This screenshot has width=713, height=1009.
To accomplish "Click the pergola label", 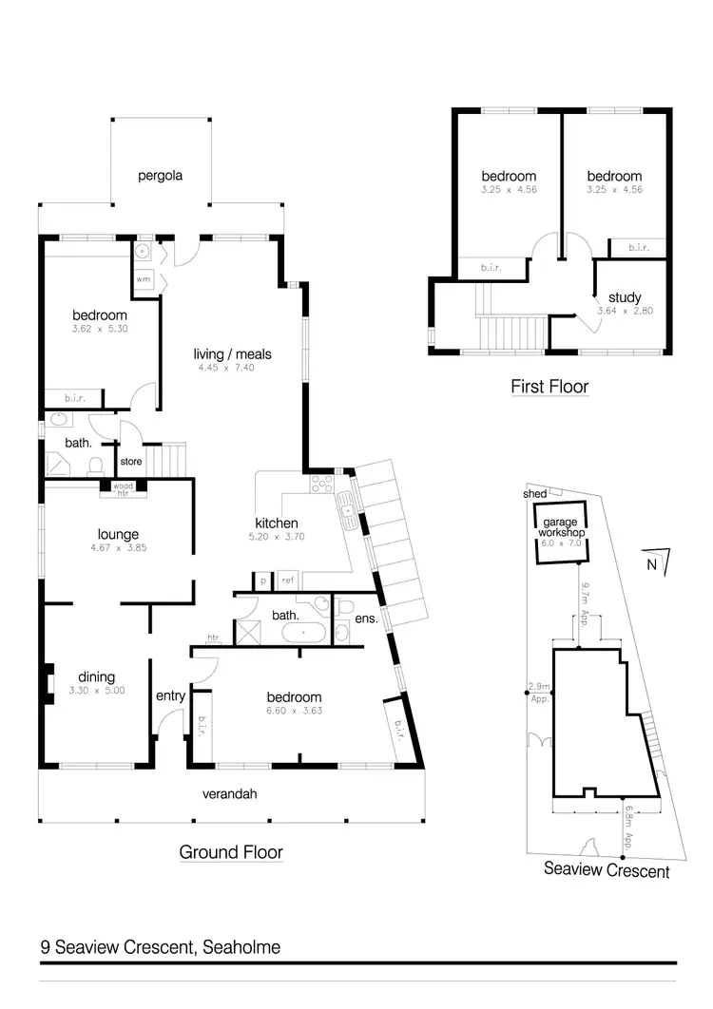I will point(160,176).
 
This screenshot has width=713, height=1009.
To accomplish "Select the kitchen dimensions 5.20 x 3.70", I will point(277,537).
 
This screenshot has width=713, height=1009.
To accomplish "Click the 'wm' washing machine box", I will point(143,279).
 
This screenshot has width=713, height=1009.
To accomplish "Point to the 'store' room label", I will point(130,463).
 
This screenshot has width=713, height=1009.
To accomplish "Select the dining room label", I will point(96,677).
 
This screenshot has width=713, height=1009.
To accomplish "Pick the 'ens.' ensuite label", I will point(367,619).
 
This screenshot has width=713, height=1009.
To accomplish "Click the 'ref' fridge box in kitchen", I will point(286,580).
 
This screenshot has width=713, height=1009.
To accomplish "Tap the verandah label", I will point(231,794).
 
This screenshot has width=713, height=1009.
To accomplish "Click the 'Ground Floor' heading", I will point(231,852).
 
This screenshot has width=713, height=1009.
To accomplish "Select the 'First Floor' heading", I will point(549,387).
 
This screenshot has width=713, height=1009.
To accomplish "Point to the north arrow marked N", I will point(652,563).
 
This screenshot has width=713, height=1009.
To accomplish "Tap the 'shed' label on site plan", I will point(534,494).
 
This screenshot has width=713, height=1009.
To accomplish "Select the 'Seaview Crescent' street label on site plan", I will point(607,869).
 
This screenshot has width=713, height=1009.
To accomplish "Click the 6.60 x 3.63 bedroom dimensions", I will point(294,711).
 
